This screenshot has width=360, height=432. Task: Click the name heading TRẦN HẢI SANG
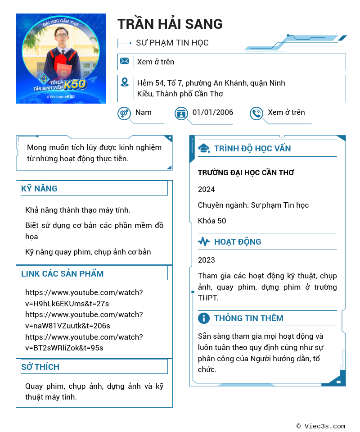pos(170,24)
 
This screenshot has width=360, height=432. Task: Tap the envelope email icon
pos(125,61)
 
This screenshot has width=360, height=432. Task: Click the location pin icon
pos(125,82)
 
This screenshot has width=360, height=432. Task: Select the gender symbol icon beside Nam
pos(124,113)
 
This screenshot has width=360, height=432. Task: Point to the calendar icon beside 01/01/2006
pos(181,113)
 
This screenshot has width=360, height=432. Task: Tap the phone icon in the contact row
pos(256,113)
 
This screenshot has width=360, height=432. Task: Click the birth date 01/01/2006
pos(212,113)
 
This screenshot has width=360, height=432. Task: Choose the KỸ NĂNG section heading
pos(40,188)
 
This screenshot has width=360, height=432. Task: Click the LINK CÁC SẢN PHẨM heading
pos(63,273)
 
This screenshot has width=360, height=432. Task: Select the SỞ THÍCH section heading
pos(40,367)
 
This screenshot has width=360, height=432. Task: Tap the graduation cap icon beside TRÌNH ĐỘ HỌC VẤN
pos(204,148)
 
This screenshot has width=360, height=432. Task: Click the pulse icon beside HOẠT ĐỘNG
pos(204,241)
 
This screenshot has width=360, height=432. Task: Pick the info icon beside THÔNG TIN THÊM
pos(204,318)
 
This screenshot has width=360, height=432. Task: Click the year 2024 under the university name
pos(207,189)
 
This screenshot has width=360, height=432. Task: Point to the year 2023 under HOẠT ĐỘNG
pos(207,260)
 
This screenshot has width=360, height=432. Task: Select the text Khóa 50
pos(212,221)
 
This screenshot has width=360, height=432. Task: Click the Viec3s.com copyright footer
pos(321,426)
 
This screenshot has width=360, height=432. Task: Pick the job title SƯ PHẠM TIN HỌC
pos(172,43)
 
